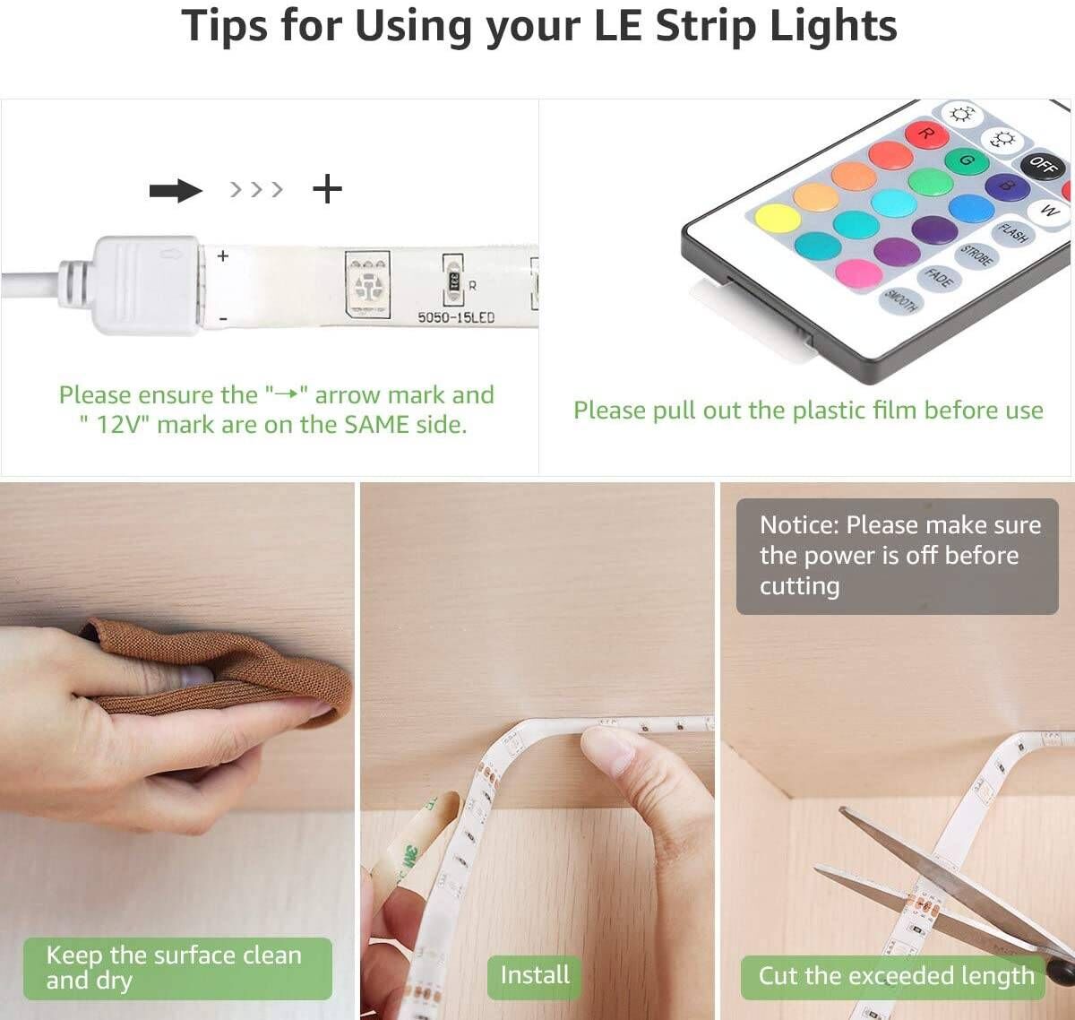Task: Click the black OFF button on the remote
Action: tap(1042, 164)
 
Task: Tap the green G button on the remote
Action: tap(967, 160)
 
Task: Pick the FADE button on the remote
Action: tap(938, 279)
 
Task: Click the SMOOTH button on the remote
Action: tap(900, 301)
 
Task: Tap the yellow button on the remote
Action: tap(777, 220)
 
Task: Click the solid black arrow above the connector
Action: tap(176, 191)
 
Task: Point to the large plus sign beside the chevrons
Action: tap(327, 189)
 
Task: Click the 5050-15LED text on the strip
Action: tap(456, 317)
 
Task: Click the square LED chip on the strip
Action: tap(367, 284)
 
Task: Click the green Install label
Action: tap(534, 975)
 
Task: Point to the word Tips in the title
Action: tap(224, 26)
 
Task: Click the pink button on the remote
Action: tap(859, 272)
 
